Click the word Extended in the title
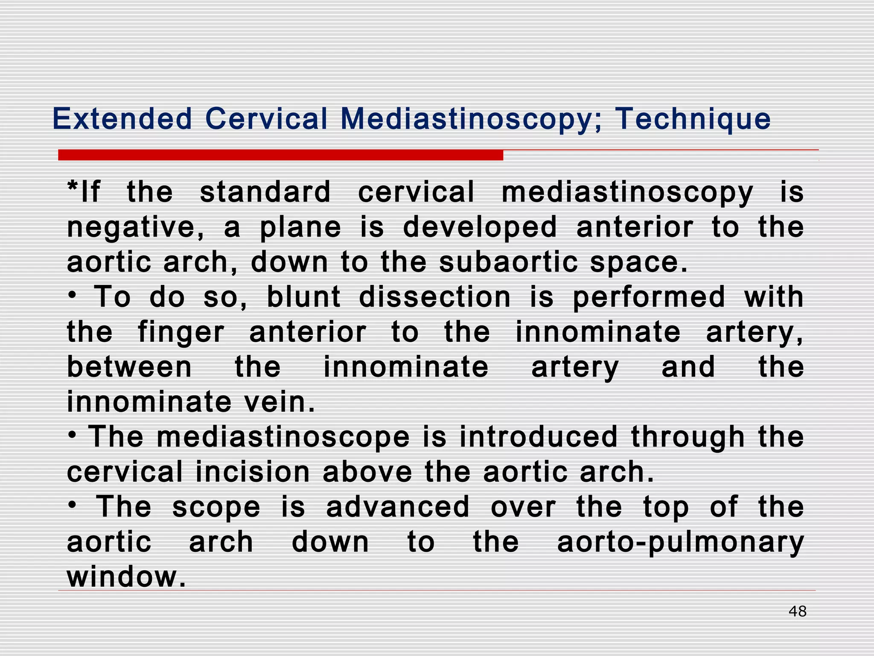(122, 119)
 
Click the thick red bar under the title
(280, 155)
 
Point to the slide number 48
(797, 611)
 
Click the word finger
(181, 332)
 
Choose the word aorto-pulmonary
(680, 542)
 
